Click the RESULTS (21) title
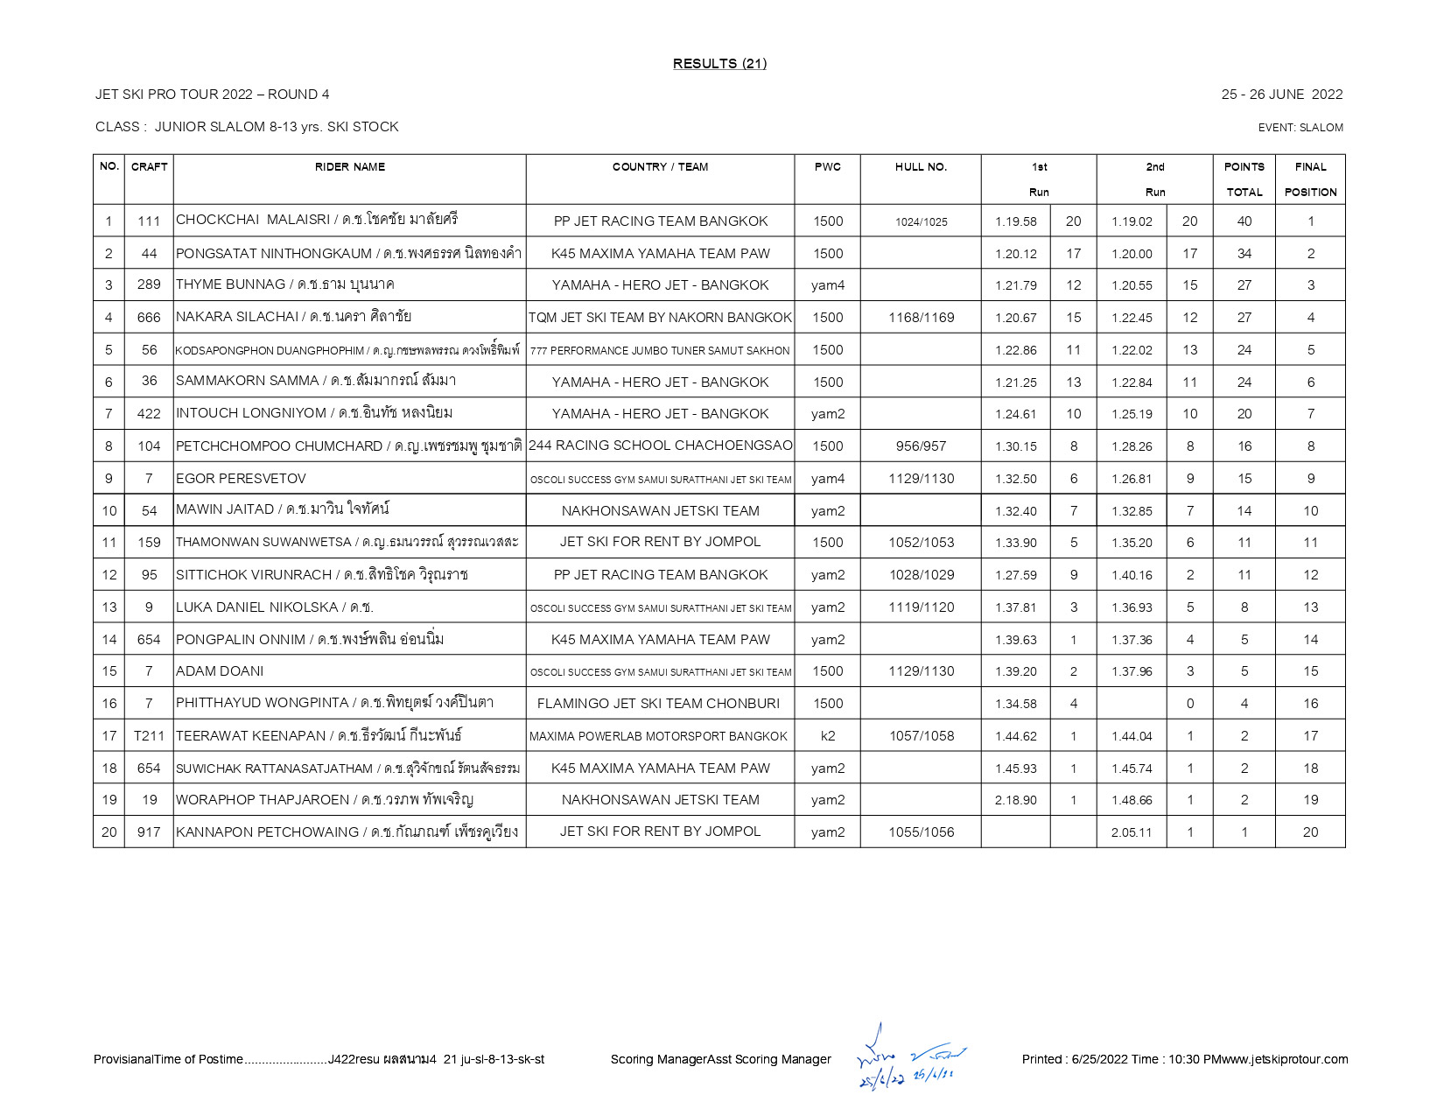(719, 63)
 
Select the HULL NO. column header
(921, 167)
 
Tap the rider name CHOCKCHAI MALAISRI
(253, 220)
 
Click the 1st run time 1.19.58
(1015, 221)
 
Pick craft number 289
(149, 285)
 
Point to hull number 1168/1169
(921, 318)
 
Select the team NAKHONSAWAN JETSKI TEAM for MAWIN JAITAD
(660, 511)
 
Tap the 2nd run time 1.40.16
(1132, 575)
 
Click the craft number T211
(149, 736)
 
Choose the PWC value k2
(827, 736)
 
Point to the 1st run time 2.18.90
(1015, 800)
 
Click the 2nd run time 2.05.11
(1132, 832)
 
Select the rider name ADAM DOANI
(220, 671)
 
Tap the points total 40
(1244, 221)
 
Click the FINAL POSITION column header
(1310, 179)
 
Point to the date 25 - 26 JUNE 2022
(1281, 95)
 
